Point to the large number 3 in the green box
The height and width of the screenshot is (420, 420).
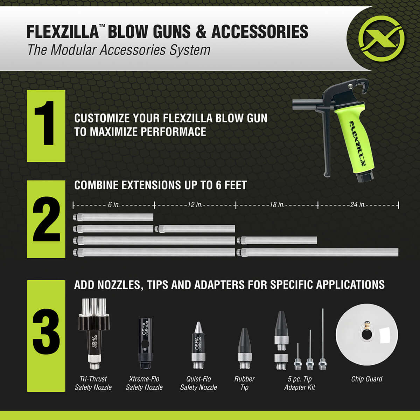click(46, 331)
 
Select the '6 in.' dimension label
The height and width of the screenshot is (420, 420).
click(114, 205)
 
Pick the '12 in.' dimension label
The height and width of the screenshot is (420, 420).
click(195, 205)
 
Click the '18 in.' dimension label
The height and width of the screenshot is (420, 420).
click(276, 205)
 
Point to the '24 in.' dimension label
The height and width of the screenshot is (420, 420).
click(358, 205)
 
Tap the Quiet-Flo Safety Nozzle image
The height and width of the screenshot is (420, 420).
click(198, 345)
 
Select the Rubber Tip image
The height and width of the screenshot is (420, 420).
click(244, 348)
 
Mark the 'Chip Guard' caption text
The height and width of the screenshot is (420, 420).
click(366, 379)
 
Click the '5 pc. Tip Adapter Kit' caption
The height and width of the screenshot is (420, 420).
click(300, 383)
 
